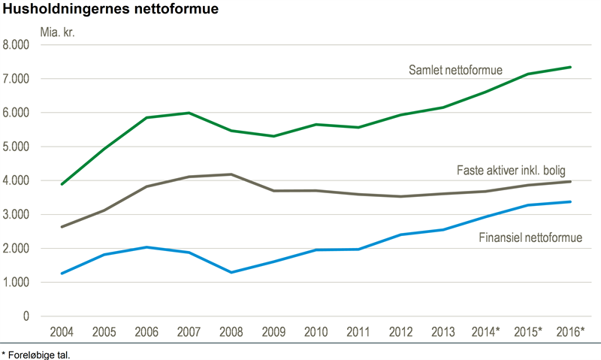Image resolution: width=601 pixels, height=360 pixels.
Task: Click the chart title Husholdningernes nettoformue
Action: pyautogui.click(x=112, y=10)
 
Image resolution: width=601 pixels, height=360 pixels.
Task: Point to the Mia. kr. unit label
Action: pyautogui.click(x=58, y=32)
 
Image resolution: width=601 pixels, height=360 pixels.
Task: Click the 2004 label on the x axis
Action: pyautogui.click(x=61, y=332)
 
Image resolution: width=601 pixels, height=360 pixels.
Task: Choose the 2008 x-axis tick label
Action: pyautogui.click(x=231, y=332)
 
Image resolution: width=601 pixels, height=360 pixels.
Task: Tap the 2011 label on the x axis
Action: pyautogui.click(x=359, y=332)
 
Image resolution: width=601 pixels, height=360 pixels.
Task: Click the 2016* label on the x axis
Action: pyautogui.click(x=572, y=332)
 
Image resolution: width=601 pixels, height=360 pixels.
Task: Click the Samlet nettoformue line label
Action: pyautogui.click(x=455, y=71)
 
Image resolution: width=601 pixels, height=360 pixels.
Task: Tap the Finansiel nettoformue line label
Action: pyautogui.click(x=530, y=239)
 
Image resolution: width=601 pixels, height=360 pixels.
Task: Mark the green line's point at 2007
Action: pyautogui.click(x=189, y=113)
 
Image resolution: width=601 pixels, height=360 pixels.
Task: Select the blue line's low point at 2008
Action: pyautogui.click(x=231, y=272)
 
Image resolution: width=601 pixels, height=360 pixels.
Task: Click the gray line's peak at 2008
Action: pyautogui.click(x=231, y=174)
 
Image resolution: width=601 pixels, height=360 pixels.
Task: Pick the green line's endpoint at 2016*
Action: pyautogui.click(x=572, y=67)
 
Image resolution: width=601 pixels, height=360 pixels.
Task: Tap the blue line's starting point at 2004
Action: pyautogui.click(x=61, y=274)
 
